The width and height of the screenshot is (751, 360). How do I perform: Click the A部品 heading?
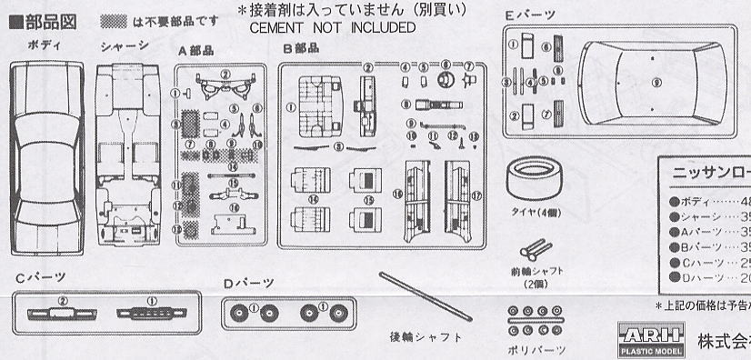pos(194,52)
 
